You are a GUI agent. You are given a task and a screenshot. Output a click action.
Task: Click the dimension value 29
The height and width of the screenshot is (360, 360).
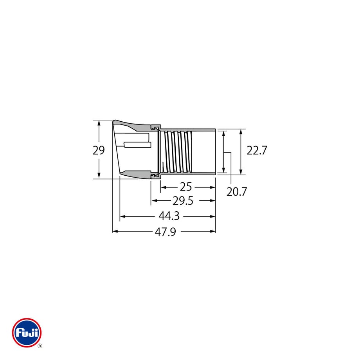pos(99,150)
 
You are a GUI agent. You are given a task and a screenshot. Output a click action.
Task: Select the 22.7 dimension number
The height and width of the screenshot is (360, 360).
pos(257,151)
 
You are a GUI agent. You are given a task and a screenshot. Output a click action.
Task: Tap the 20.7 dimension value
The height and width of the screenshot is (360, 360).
pos(236,192)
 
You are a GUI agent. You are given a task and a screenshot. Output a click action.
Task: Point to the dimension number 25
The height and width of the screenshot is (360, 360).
pos(186,187)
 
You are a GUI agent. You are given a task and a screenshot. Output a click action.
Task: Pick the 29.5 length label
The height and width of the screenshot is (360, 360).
pos(183,201)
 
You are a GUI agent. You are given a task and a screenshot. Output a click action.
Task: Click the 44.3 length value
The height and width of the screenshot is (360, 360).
pos(169,216)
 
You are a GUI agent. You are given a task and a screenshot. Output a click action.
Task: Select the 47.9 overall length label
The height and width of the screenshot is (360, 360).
pos(166,232)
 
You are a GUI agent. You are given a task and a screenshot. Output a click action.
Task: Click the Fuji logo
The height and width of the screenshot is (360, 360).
pos(27,333)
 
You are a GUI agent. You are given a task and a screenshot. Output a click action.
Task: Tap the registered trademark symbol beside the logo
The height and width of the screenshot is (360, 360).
pos(40,346)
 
